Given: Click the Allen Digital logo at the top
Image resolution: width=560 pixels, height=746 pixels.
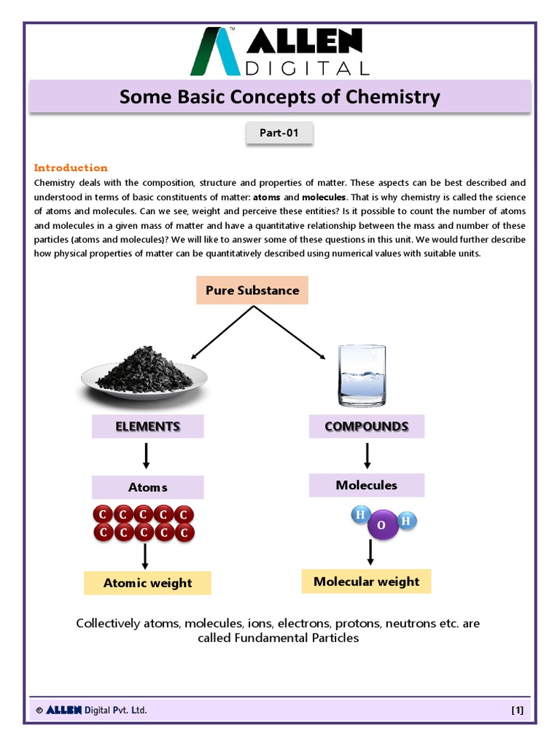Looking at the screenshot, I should [279, 51].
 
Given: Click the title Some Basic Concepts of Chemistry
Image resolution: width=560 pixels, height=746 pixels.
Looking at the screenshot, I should [279, 97].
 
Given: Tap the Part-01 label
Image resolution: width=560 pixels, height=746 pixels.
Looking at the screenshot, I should [279, 133].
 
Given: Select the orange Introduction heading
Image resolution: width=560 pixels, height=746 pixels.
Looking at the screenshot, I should [71, 168].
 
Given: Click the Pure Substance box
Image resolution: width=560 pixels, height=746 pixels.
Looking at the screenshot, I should [252, 290].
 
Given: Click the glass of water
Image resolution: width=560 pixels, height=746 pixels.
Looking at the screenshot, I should [362, 376].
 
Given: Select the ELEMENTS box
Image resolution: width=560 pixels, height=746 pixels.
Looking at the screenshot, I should [147, 426].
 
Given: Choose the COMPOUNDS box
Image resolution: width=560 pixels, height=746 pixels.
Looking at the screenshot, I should [366, 426].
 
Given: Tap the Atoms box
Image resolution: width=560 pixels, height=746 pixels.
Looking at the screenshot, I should [147, 487].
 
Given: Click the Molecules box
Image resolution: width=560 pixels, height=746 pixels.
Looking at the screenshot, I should [366, 485].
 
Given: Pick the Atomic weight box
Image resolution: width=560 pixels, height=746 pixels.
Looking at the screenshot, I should [147, 583].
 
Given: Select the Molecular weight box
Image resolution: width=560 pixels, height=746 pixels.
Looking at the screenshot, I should [366, 581].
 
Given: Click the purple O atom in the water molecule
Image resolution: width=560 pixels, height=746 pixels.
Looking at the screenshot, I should [382, 526].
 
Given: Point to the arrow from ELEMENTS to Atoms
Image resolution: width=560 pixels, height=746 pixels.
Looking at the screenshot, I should [147, 456].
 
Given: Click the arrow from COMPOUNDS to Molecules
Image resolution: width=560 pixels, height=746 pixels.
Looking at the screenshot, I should [367, 455].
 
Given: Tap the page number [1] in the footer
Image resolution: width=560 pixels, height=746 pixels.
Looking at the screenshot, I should [517, 710].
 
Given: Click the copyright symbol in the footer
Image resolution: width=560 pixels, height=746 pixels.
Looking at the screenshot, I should [39, 710].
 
